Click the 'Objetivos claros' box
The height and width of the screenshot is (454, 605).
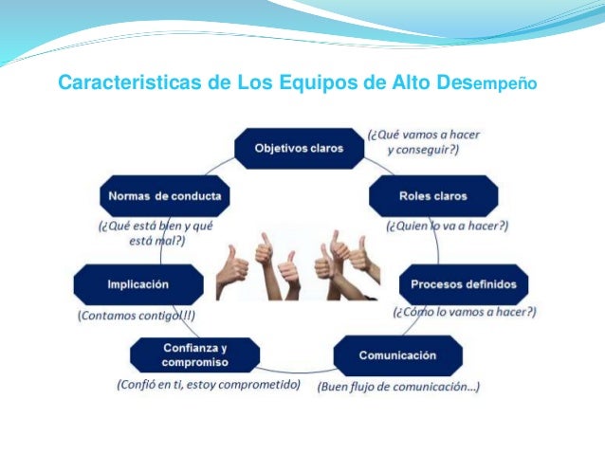(299, 148)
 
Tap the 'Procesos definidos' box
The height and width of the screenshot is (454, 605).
(464, 284)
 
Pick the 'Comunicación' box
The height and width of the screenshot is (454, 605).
(397, 355)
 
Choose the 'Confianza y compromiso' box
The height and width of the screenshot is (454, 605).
(194, 355)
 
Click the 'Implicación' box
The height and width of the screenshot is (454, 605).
(138, 284)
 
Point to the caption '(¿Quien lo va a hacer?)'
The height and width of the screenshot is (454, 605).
(448, 227)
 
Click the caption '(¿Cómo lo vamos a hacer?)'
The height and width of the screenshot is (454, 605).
(465, 311)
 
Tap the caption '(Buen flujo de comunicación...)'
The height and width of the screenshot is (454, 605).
(398, 387)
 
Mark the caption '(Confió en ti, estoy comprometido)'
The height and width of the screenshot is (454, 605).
(209, 385)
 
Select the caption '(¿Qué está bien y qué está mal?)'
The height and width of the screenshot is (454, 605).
(156, 234)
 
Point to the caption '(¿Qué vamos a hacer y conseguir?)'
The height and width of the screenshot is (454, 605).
(424, 142)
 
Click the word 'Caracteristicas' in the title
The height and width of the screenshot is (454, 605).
(132, 82)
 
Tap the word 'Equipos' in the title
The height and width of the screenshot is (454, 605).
(320, 82)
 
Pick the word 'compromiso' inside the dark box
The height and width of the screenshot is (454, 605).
(193, 363)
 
